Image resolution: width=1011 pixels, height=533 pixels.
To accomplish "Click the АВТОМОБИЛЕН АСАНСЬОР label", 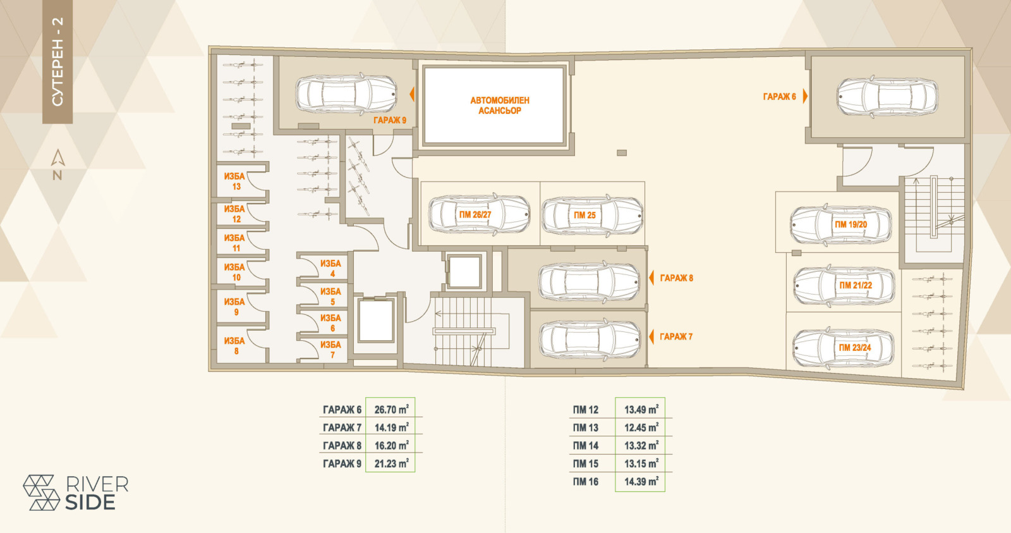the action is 500,105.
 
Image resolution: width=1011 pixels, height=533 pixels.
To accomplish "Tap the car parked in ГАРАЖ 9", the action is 346,94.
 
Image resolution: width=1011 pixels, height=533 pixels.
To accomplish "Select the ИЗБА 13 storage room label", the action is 234,181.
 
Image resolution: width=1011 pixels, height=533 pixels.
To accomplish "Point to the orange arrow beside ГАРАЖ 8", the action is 651,278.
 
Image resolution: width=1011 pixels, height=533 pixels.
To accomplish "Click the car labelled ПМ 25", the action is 592,216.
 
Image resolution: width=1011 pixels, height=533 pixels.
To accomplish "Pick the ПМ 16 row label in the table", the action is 585,482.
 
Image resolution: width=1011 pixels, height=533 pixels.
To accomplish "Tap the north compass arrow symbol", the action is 58,157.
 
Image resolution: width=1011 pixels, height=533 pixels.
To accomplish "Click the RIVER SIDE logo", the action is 76,493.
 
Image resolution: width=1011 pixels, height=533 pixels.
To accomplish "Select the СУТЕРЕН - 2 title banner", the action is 58,62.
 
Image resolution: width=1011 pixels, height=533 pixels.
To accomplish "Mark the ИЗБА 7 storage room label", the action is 331,350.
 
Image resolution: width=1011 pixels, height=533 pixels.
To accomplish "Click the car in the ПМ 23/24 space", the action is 843,348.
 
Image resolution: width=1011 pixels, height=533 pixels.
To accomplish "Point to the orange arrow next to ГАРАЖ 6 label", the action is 805,96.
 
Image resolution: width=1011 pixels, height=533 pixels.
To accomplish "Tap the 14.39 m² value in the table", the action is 641,482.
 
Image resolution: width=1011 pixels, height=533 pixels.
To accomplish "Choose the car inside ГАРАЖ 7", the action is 590,340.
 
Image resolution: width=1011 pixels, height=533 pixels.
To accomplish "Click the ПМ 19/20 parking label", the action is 851,224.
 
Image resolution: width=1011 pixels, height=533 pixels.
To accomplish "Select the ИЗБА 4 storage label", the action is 331,268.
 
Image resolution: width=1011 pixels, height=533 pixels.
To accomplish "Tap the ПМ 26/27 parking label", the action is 475,215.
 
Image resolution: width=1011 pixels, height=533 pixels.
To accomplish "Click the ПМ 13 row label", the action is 585,428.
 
